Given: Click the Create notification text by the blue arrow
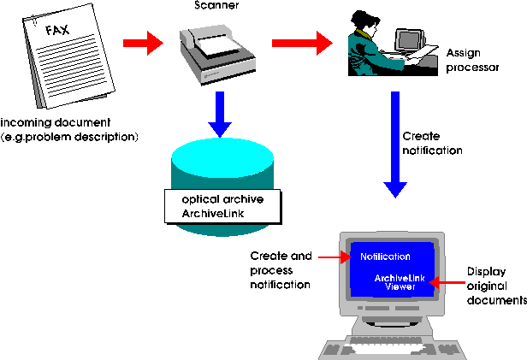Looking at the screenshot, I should (x=432, y=144).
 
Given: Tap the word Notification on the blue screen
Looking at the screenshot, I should (x=385, y=257).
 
